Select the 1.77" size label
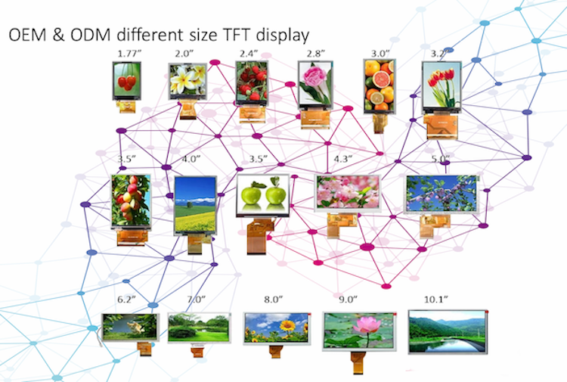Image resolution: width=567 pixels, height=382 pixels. click(x=129, y=53)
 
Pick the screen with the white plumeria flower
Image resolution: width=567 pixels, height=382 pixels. click(x=186, y=82)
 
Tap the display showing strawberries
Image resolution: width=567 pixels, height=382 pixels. click(x=249, y=82)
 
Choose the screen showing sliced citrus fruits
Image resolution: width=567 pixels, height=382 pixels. click(x=379, y=85)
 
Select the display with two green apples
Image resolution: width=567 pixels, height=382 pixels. click(x=262, y=195)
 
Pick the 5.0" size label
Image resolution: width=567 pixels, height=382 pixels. click(x=439, y=159)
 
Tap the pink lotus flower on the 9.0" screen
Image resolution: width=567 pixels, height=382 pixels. click(x=360, y=325)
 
